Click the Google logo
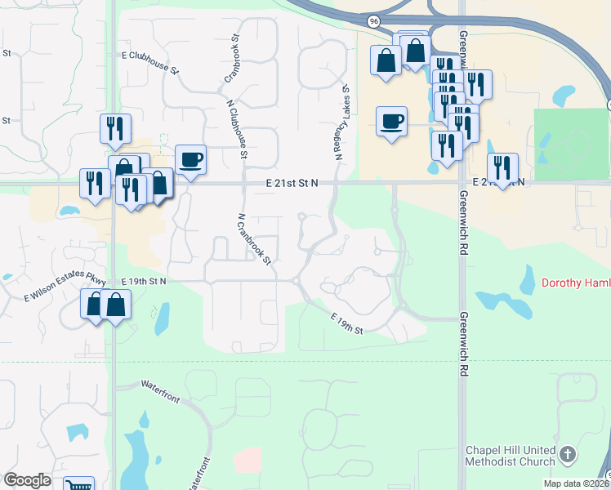pos(27,480)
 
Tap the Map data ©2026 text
pos(576,483)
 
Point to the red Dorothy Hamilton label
pos(575,284)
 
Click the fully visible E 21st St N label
pos(292,184)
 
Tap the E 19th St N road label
pos(144,281)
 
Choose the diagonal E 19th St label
pos(346,323)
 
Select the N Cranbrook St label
pos(254,239)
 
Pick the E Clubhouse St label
pos(150,63)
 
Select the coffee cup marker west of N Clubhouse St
pos(191,158)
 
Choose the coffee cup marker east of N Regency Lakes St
pos(392,121)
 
